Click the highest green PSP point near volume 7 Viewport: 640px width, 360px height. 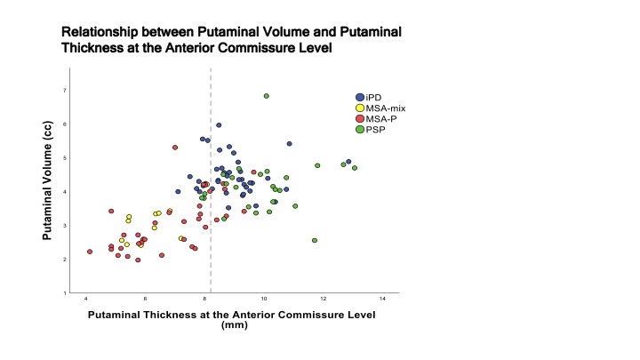(x=267, y=96)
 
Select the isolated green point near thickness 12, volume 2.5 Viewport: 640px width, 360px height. (x=315, y=241)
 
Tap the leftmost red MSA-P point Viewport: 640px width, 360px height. (x=90, y=252)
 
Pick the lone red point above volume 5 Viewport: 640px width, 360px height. (x=175, y=148)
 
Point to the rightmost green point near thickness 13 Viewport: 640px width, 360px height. (x=355, y=168)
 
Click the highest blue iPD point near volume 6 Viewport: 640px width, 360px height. (x=219, y=125)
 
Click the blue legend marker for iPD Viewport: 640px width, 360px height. (x=359, y=97)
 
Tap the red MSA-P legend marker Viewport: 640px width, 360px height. (x=359, y=118)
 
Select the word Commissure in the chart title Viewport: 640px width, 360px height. (x=248, y=48)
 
